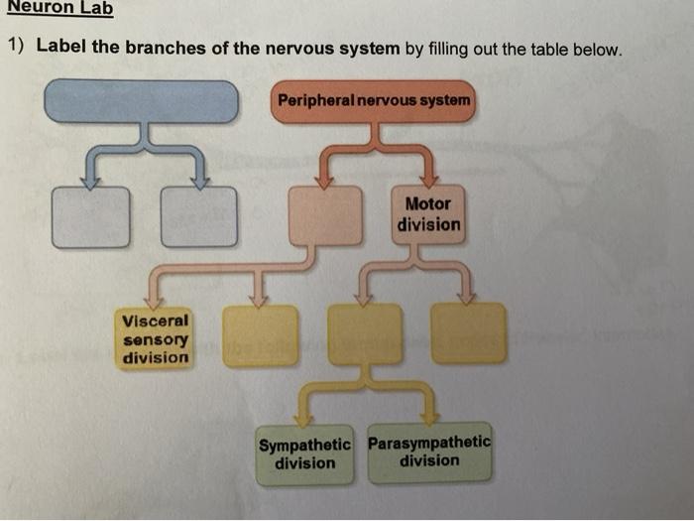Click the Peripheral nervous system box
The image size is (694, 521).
pyautogui.click(x=373, y=101)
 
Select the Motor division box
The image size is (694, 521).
pyautogui.click(x=428, y=214)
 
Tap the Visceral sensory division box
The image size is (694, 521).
pyautogui.click(x=155, y=337)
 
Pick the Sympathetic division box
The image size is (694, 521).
pyautogui.click(x=304, y=456)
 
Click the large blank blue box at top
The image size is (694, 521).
pyautogui.click(x=142, y=100)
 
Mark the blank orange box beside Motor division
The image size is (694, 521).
pyautogui.click(x=325, y=214)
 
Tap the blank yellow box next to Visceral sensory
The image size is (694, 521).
pyautogui.click(x=260, y=335)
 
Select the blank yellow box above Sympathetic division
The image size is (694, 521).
pyautogui.click(x=365, y=333)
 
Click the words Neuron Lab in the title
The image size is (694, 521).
pyautogui.click(x=57, y=9)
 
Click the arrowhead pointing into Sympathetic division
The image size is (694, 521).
pyautogui.click(x=303, y=421)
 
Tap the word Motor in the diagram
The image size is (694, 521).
pyautogui.click(x=428, y=203)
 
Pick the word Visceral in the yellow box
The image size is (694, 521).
pyautogui.click(x=155, y=321)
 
